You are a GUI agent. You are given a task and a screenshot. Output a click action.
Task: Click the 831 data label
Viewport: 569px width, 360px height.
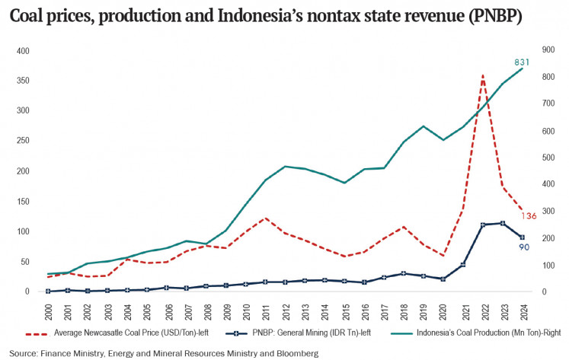[x=522, y=62]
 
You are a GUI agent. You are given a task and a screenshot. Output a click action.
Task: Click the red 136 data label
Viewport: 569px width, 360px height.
[x=529, y=216]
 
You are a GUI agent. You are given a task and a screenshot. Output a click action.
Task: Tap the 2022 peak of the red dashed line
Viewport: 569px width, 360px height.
[x=482, y=75]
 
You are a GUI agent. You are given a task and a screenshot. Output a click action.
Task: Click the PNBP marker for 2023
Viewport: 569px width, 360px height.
[x=502, y=223]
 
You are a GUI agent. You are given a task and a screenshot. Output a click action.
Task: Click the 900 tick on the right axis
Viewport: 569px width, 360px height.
[x=548, y=51]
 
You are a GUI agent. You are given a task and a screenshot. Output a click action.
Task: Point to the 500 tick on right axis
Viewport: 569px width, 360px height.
[x=548, y=158]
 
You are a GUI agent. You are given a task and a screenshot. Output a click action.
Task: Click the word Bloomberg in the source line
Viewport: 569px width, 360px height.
[x=295, y=353]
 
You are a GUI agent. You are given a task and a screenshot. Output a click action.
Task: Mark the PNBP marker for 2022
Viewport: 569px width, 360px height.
[x=482, y=225]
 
